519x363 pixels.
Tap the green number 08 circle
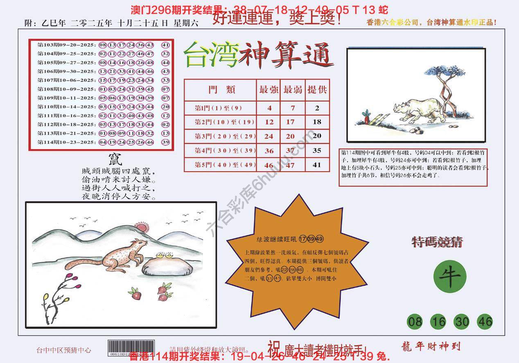point(415,322)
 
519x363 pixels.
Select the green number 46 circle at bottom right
point(485,322)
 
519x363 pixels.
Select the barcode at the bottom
point(131,347)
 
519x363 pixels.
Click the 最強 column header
point(269,90)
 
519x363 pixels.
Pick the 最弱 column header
point(293,90)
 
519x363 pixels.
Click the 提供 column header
point(317,90)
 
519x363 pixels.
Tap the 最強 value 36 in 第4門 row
point(269,151)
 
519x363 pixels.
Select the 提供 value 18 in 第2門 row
point(317,122)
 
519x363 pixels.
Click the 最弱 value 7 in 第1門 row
point(293,108)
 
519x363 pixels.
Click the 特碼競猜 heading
point(437,243)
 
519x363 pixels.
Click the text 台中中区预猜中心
point(63,350)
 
